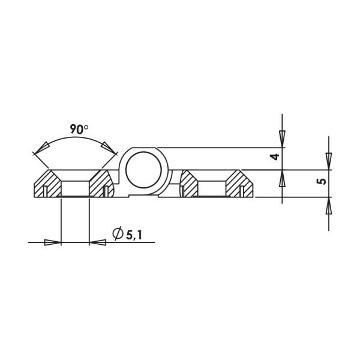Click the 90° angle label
click(x=79, y=129)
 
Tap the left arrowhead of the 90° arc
click(x=42, y=148)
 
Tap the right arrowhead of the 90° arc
click(x=109, y=148)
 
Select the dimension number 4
click(x=274, y=157)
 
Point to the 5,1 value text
click(x=134, y=234)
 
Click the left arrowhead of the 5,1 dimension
click(x=53, y=242)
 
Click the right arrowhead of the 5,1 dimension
click(x=98, y=242)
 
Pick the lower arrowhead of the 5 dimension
click(x=328, y=206)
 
